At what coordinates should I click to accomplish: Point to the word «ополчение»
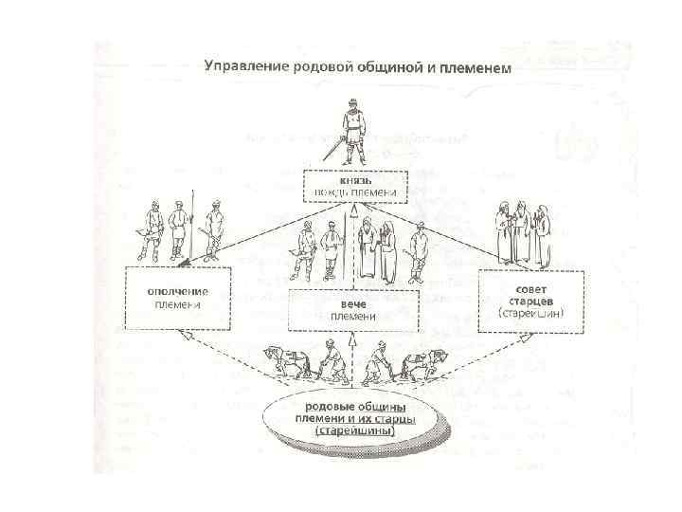pyautogui.click(x=179, y=290)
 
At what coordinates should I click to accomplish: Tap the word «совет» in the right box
pyautogui.click(x=517, y=285)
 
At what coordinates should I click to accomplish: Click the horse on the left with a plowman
pyautogui.click(x=283, y=362)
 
